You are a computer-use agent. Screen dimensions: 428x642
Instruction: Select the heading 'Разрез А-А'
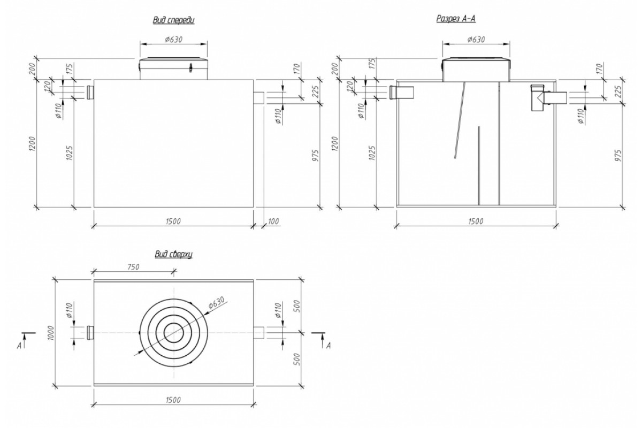coord(457,19)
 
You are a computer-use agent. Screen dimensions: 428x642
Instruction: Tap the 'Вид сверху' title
coord(173,255)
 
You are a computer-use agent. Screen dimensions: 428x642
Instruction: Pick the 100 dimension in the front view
coord(274,221)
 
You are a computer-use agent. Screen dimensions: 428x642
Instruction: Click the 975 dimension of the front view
coord(315,155)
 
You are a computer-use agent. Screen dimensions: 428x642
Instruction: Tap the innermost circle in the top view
coord(173,333)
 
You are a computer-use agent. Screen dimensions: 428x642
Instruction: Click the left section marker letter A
coord(19,346)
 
